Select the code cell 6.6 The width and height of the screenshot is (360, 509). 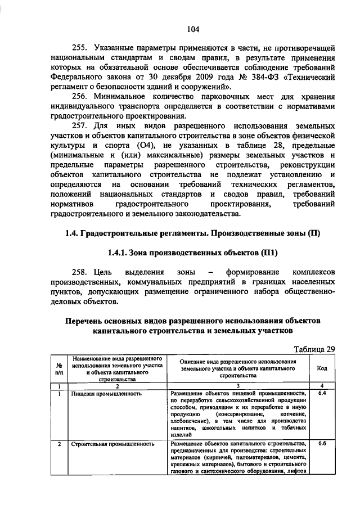[323, 444]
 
